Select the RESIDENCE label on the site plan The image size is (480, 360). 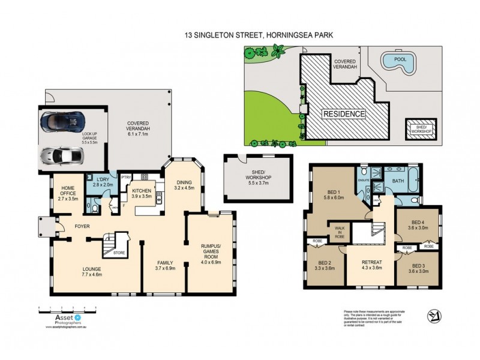(x=344, y=113)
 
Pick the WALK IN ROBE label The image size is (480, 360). (x=339, y=232)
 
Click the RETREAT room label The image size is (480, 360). (x=372, y=264)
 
